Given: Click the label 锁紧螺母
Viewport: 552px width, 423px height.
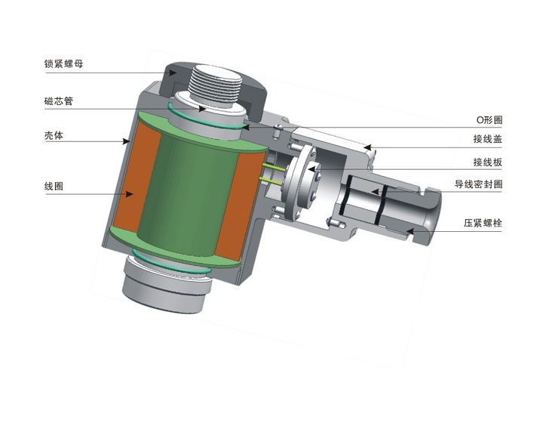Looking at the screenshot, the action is pos(63,63).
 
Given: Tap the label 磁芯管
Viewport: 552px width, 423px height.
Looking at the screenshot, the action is pos(59,101).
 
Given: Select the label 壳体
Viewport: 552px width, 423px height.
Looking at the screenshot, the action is pos(54,135).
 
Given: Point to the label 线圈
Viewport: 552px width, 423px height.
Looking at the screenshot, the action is pos(54,186).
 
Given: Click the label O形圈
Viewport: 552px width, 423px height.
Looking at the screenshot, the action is pos(489,120).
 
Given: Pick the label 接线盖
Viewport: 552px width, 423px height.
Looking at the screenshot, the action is pos(488,139).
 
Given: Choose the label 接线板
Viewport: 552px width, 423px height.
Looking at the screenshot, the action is pos(488,162).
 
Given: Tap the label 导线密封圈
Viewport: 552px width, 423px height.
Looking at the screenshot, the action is pos(478,184).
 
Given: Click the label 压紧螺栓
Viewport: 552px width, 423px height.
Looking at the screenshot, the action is pos(483,223).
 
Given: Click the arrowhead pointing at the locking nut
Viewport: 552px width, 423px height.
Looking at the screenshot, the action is pos(172,73).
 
